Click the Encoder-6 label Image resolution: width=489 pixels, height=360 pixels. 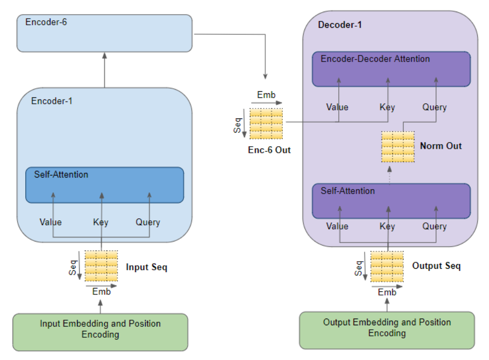pyautogui.click(x=46, y=22)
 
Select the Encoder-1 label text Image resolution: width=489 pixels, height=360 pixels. pyautogui.click(x=52, y=101)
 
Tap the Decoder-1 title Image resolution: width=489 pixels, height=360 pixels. pyautogui.click(x=340, y=25)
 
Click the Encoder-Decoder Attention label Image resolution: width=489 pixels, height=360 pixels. pyautogui.click(x=375, y=58)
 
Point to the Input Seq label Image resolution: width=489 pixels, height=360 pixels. pyautogui.click(x=147, y=267)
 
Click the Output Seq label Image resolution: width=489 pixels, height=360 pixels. pyautogui.click(x=436, y=266)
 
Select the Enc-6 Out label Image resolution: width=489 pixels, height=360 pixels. pyautogui.click(x=269, y=150)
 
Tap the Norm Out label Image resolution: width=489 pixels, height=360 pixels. pyautogui.click(x=441, y=146)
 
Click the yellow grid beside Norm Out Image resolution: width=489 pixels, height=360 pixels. pyautogui.click(x=398, y=147)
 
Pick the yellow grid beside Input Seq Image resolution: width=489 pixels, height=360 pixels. pyautogui.click(x=101, y=266)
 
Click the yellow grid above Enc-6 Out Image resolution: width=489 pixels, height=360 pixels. pyautogui.click(x=266, y=124)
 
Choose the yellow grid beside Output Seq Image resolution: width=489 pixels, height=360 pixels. pyautogui.click(x=387, y=267)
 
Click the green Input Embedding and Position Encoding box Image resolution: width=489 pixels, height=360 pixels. pyautogui.click(x=100, y=332)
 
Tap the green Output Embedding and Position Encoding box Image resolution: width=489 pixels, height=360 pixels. pyautogui.click(x=387, y=330)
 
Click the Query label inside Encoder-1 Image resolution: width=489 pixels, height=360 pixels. pyautogui.click(x=148, y=222)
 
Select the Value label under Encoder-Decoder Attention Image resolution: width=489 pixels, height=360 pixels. pyautogui.click(x=337, y=107)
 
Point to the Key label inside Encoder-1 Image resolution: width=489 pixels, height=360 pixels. pyautogui.click(x=100, y=222)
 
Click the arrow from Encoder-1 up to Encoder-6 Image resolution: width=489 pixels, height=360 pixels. pyautogui.click(x=104, y=70)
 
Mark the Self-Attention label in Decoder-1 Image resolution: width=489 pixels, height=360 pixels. pyautogui.click(x=348, y=191)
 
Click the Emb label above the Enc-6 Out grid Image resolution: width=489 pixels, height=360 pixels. pyautogui.click(x=266, y=95)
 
